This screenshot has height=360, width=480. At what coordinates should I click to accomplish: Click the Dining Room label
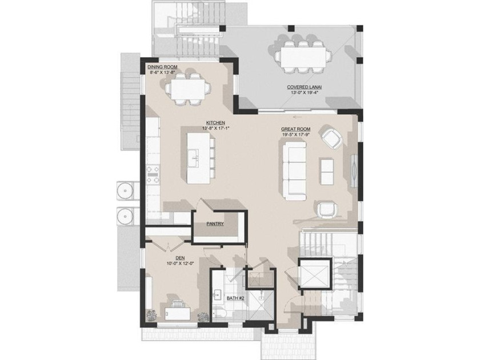(x=162, y=67)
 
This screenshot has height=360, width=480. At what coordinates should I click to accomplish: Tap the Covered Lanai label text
(x=303, y=87)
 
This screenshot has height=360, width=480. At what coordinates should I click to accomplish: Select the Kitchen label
(x=216, y=123)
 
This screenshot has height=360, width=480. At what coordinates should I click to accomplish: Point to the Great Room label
(x=295, y=130)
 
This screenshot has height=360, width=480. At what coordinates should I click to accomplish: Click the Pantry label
(x=215, y=225)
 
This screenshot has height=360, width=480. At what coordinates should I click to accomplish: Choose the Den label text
(x=180, y=258)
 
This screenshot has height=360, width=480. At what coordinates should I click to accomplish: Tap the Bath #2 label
(x=235, y=298)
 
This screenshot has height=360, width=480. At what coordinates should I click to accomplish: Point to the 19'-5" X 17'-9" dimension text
(x=295, y=135)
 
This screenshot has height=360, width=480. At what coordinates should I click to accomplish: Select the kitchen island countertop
(x=197, y=157)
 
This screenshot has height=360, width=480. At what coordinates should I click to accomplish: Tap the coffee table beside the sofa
(x=326, y=170)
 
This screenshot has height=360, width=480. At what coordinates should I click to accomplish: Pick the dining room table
(x=188, y=89)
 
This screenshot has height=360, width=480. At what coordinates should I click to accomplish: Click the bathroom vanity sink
(x=218, y=295)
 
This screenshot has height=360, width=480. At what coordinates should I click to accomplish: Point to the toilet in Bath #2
(x=221, y=314)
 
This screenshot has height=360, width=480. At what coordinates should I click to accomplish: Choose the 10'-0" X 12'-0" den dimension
(x=181, y=264)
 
